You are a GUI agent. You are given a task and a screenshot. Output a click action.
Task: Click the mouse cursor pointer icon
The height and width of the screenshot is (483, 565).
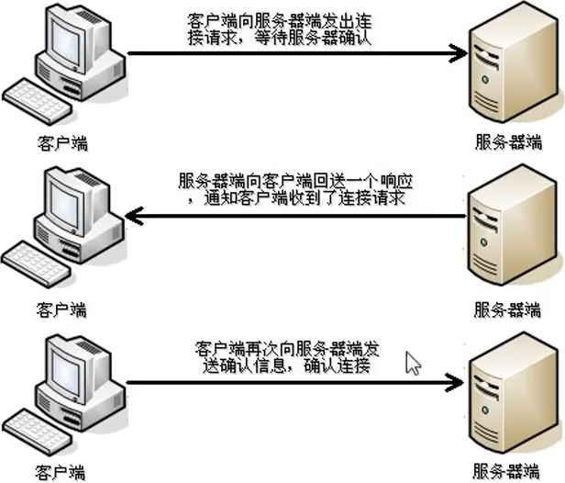pyautogui.click(x=413, y=364)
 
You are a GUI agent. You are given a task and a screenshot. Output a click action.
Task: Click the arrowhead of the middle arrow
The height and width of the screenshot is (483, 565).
pyautogui.click(x=134, y=216)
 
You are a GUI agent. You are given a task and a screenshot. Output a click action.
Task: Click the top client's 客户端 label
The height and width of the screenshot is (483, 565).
pyautogui.click(x=62, y=143)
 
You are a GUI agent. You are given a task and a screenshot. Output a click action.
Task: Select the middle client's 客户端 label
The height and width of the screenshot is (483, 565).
pyautogui.click(x=61, y=309)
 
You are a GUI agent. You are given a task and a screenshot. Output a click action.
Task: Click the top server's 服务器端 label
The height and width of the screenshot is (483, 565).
pyautogui.click(x=508, y=141)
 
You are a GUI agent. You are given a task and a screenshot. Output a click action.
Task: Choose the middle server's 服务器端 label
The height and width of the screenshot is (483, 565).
pyautogui.click(x=507, y=309)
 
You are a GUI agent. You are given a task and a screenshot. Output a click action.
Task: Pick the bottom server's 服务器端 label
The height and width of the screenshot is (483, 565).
pyautogui.click(x=506, y=471)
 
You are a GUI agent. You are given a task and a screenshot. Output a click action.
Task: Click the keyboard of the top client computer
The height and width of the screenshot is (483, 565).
pyautogui.click(x=38, y=101)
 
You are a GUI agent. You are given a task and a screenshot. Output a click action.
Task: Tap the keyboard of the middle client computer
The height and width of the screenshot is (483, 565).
pyautogui.click(x=37, y=264)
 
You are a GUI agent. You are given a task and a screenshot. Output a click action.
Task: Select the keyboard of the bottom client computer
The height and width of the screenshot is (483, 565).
pyautogui.click(x=38, y=431)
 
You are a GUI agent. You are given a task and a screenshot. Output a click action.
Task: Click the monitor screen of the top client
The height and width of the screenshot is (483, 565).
pyautogui.click(x=65, y=45)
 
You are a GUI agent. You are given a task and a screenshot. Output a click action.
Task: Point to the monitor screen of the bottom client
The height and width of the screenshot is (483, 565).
pyautogui.click(x=65, y=374)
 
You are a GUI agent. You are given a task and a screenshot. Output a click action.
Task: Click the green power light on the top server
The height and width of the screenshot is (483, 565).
pyautogui.click(x=485, y=79)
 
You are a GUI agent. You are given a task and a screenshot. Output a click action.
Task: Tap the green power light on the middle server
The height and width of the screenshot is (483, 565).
pyautogui.click(x=484, y=242)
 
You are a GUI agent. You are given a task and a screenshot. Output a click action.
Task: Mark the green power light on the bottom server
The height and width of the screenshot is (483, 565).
pyautogui.click(x=485, y=410)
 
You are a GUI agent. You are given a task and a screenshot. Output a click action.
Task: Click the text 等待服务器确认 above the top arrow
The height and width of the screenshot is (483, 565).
pyautogui.click(x=313, y=39)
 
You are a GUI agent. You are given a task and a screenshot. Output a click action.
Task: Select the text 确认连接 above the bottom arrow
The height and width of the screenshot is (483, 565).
pyautogui.click(x=337, y=365)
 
